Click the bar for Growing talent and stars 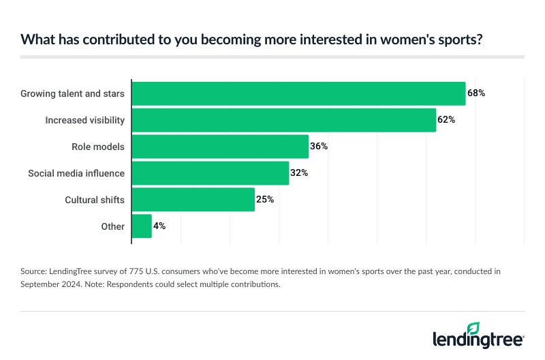pos(298,93)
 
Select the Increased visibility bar pos(283,120)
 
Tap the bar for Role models pos(220,147)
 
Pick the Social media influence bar pos(211,173)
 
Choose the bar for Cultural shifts pos(193,200)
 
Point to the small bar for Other pos(142,226)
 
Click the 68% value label pos(476,93)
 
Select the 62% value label pos(446,120)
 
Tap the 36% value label pos(319,147)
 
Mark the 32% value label pos(299,173)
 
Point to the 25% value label pos(265,200)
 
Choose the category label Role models pos(98,147)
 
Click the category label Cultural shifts pos(95,200)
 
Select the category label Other pos(112,226)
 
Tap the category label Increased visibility pos(85,120)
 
